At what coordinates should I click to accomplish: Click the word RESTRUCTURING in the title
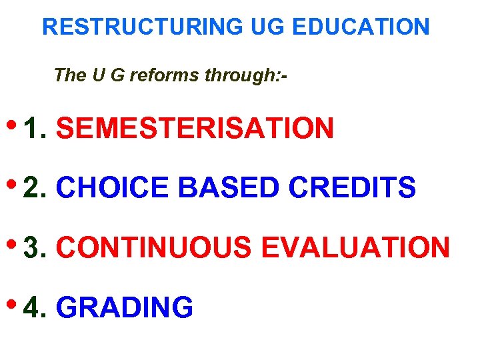[143, 27]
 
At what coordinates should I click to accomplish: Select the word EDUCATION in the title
[361, 27]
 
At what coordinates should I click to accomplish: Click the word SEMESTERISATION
[195, 128]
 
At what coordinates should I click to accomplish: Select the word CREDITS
[353, 188]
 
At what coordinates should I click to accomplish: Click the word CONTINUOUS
[154, 248]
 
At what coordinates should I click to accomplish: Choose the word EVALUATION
[355, 248]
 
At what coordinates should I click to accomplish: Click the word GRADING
[125, 308]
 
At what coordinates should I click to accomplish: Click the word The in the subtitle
[67, 75]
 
